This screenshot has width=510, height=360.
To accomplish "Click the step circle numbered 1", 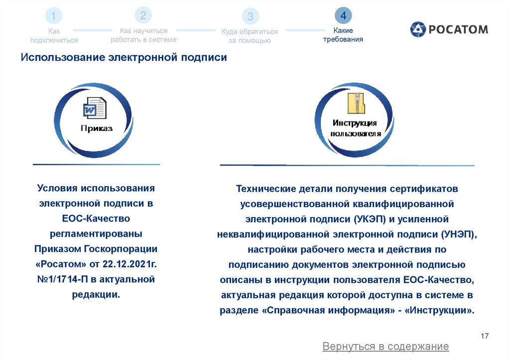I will [53, 16].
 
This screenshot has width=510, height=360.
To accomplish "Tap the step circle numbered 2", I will [143, 15].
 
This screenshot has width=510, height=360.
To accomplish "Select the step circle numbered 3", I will [250, 16].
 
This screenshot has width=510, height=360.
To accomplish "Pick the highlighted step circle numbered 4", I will [343, 16].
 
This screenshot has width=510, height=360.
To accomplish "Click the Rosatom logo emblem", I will [418, 29].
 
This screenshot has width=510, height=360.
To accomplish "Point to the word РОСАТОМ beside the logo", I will [458, 29].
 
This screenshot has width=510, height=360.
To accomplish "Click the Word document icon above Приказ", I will [95, 108].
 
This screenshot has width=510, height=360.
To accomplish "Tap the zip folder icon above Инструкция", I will [356, 104].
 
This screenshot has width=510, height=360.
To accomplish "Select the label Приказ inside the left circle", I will [97, 128].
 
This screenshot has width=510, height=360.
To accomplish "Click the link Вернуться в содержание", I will [385, 346].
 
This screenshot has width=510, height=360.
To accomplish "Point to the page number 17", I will [485, 336].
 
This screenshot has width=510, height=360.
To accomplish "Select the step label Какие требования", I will [343, 35].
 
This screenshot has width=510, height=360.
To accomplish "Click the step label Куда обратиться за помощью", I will [250, 36].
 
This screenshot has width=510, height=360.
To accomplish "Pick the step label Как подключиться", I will [54, 36].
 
